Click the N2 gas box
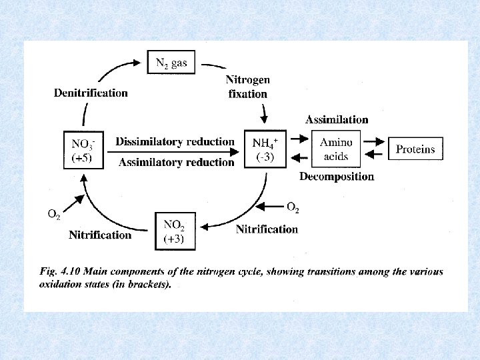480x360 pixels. [x=171, y=63]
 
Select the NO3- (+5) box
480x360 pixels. [x=83, y=150]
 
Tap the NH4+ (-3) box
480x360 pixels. [x=266, y=150]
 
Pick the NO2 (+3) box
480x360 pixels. [x=175, y=231]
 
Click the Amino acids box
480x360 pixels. [x=336, y=149]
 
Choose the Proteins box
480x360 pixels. [x=415, y=149]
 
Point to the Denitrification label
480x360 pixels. [x=91, y=93]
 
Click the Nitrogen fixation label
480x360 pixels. [x=248, y=87]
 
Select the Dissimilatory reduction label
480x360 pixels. [x=175, y=141]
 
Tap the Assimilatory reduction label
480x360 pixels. [x=176, y=162]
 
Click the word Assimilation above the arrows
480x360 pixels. [x=337, y=120]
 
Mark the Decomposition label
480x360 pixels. [x=337, y=177]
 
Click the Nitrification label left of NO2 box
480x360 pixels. [x=100, y=235]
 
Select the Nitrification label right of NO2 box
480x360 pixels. [x=267, y=229]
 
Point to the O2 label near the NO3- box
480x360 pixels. [x=54, y=214]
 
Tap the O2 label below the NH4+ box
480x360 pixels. [x=293, y=209]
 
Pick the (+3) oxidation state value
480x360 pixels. [x=175, y=239]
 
